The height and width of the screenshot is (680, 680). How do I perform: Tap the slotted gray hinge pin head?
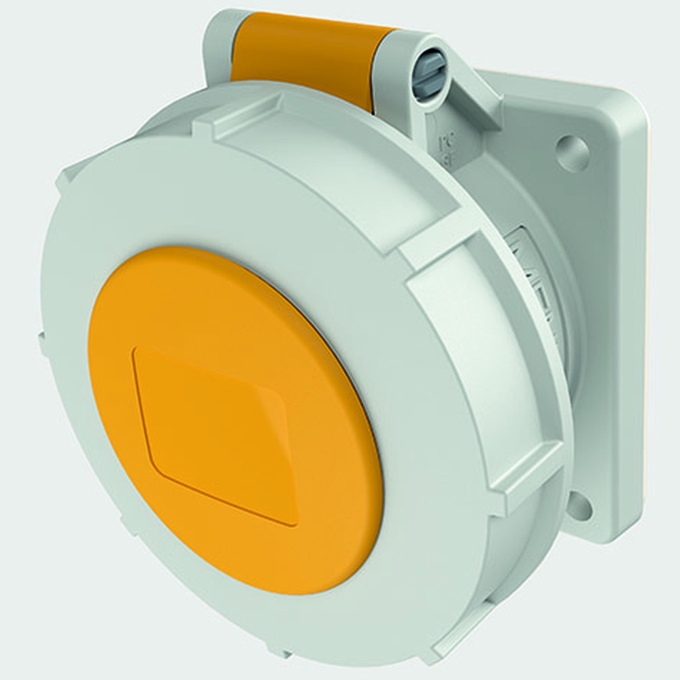(x=430, y=73)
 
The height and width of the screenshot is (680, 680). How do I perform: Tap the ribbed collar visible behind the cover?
(x=537, y=286)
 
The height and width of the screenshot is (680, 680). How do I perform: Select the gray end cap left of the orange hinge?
(x=218, y=41)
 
